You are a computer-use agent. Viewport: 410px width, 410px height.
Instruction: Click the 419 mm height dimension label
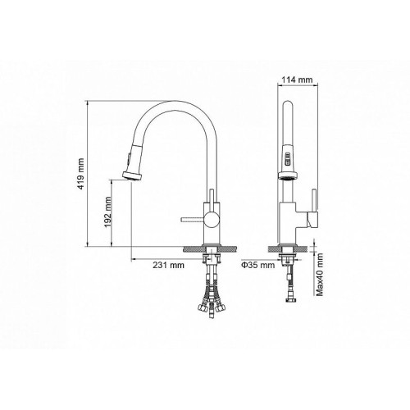click(81, 174)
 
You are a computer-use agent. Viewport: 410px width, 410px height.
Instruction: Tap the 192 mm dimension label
click(108, 212)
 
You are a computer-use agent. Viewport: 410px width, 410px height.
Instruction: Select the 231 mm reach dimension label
click(168, 265)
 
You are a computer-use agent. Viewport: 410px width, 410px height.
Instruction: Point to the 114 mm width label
click(297, 80)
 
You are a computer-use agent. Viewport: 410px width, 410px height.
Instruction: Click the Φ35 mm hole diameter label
click(257, 265)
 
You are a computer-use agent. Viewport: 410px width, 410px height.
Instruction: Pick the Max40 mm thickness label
click(319, 275)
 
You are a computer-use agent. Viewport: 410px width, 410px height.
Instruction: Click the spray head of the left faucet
click(133, 175)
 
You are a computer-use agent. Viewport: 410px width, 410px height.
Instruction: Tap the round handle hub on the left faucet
click(212, 220)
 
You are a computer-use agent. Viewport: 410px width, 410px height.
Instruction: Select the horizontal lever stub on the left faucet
click(193, 220)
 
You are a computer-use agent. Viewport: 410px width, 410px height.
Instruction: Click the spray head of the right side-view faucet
click(287, 175)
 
